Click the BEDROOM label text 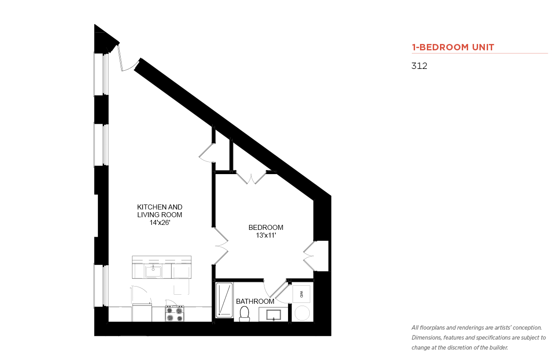click(x=266, y=228)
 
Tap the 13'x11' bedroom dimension click(x=266, y=235)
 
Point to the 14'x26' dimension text click(x=160, y=223)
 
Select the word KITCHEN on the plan click(x=151, y=207)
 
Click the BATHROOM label click(x=255, y=302)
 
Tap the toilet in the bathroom click(x=244, y=314)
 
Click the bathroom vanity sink click(x=274, y=315)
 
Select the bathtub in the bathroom click(x=224, y=300)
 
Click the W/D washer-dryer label click(x=301, y=294)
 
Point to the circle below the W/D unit click(x=302, y=313)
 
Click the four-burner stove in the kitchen click(x=175, y=313)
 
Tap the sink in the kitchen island click(x=153, y=271)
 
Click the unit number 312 click(x=419, y=66)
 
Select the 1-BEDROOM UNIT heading click(x=453, y=47)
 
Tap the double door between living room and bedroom click(x=221, y=246)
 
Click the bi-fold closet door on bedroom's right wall click(x=308, y=256)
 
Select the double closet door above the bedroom click(x=251, y=178)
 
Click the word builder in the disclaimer click(x=498, y=348)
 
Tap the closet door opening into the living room click(x=206, y=153)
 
